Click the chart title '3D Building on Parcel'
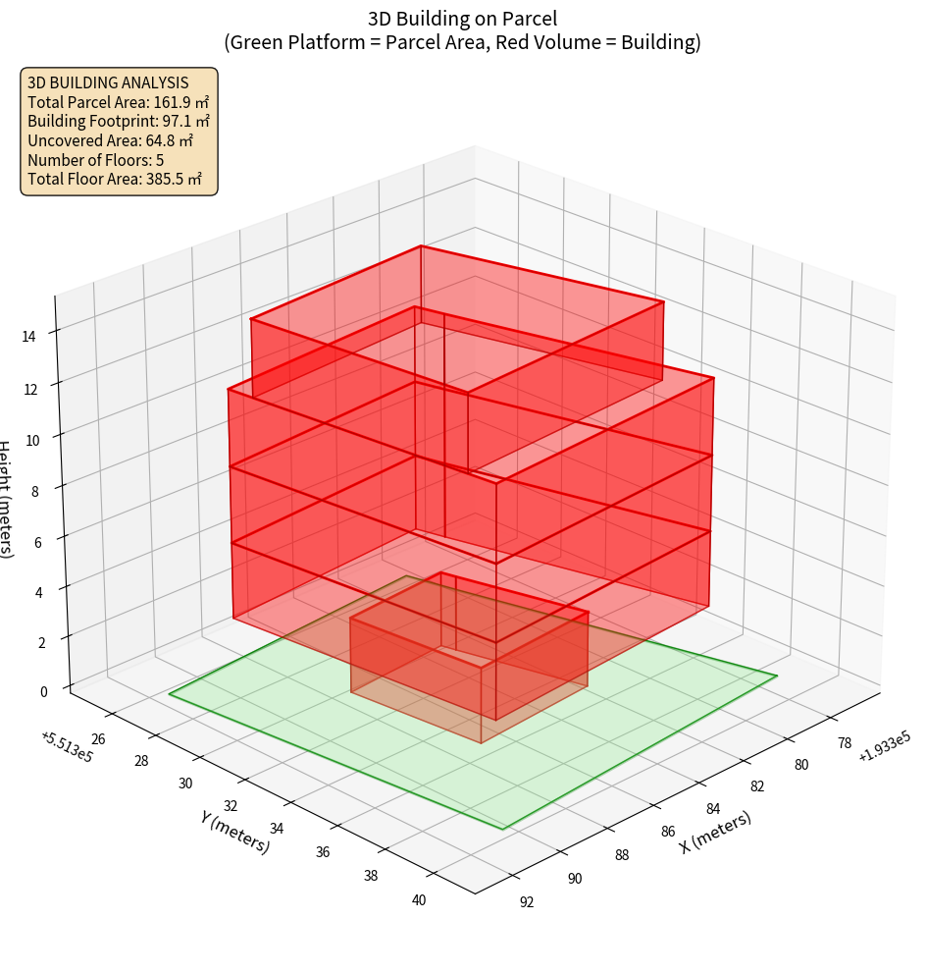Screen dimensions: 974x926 pyautogui.click(x=462, y=18)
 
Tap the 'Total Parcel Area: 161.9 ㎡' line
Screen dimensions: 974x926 pyautogui.click(x=119, y=101)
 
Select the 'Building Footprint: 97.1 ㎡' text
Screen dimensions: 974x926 pyautogui.click(x=119, y=121)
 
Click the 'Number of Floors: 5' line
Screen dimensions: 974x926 pyautogui.click(x=95, y=159)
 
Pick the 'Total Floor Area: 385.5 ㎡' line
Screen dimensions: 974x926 pyautogui.click(x=115, y=179)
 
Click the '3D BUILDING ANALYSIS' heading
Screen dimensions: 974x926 pyautogui.click(x=108, y=82)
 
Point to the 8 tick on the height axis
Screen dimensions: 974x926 pyautogui.click(x=36, y=490)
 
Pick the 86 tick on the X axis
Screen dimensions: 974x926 pyautogui.click(x=668, y=831)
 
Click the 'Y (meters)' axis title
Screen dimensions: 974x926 pyautogui.click(x=234, y=831)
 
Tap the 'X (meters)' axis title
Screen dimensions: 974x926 pyautogui.click(x=715, y=832)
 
